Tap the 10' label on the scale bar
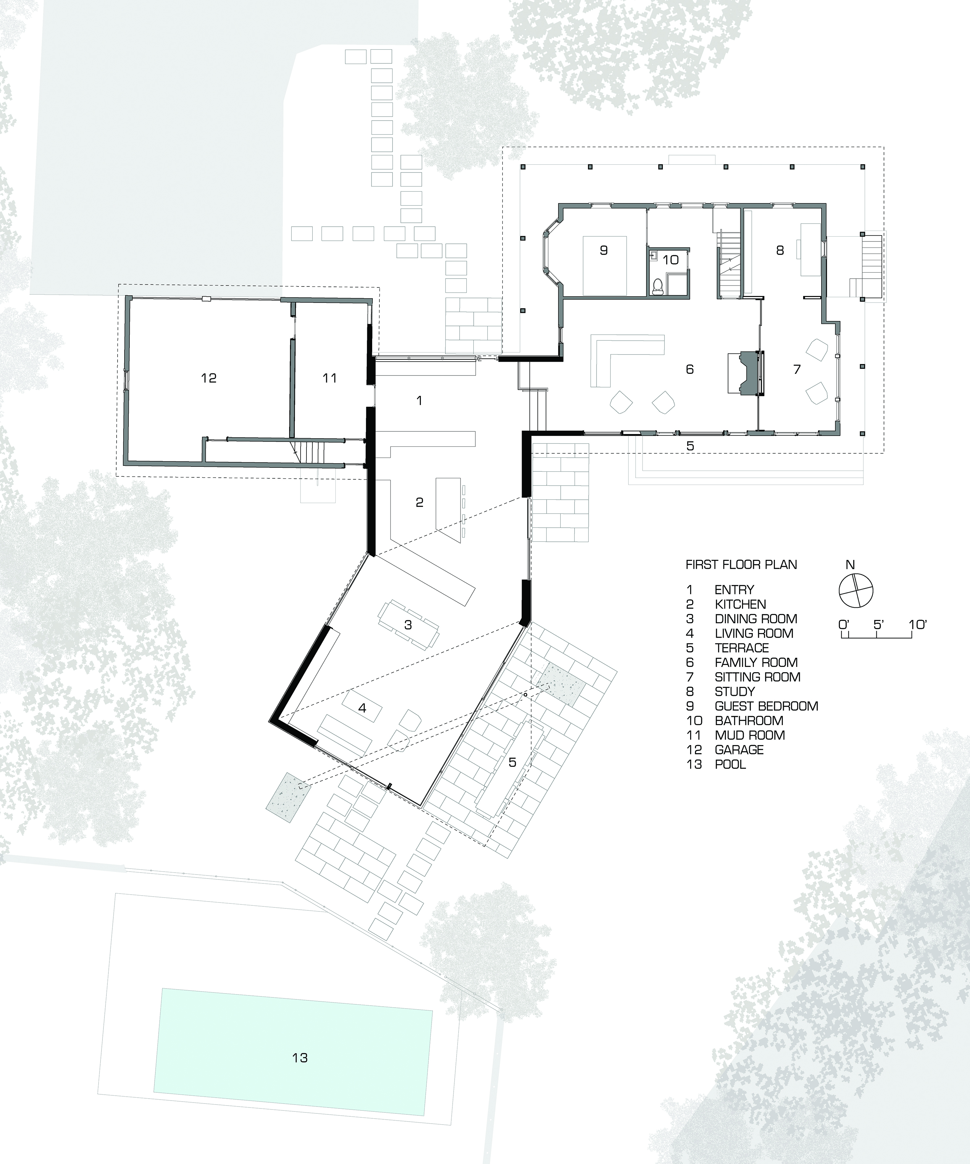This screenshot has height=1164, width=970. pyautogui.click(x=918, y=624)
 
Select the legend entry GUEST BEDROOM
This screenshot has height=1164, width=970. pyautogui.click(x=766, y=706)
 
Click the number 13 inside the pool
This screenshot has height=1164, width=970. pyautogui.click(x=300, y=1058)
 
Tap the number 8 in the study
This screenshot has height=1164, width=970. pyautogui.click(x=780, y=250)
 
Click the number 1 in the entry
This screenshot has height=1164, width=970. pyautogui.click(x=419, y=400)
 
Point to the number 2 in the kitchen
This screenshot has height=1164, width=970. pyautogui.click(x=419, y=502)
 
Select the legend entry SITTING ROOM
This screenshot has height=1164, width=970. pyautogui.click(x=757, y=677)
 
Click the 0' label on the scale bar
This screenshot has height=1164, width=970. pyautogui.click(x=844, y=624)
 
